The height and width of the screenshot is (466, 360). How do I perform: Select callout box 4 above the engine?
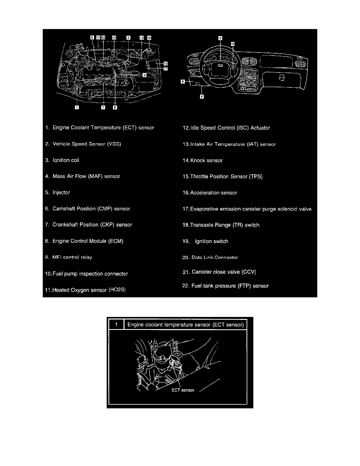(x=128, y=38)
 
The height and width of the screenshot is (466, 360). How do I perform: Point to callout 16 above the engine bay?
(x=149, y=38)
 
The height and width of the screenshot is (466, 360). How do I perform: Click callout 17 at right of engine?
(x=165, y=68)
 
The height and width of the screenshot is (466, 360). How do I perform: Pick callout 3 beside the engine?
(x=145, y=75)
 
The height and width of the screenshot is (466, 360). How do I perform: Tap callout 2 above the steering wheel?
(x=220, y=38)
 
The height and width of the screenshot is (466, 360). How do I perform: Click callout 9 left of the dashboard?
(x=183, y=82)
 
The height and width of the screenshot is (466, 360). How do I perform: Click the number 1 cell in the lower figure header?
(x=116, y=324)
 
